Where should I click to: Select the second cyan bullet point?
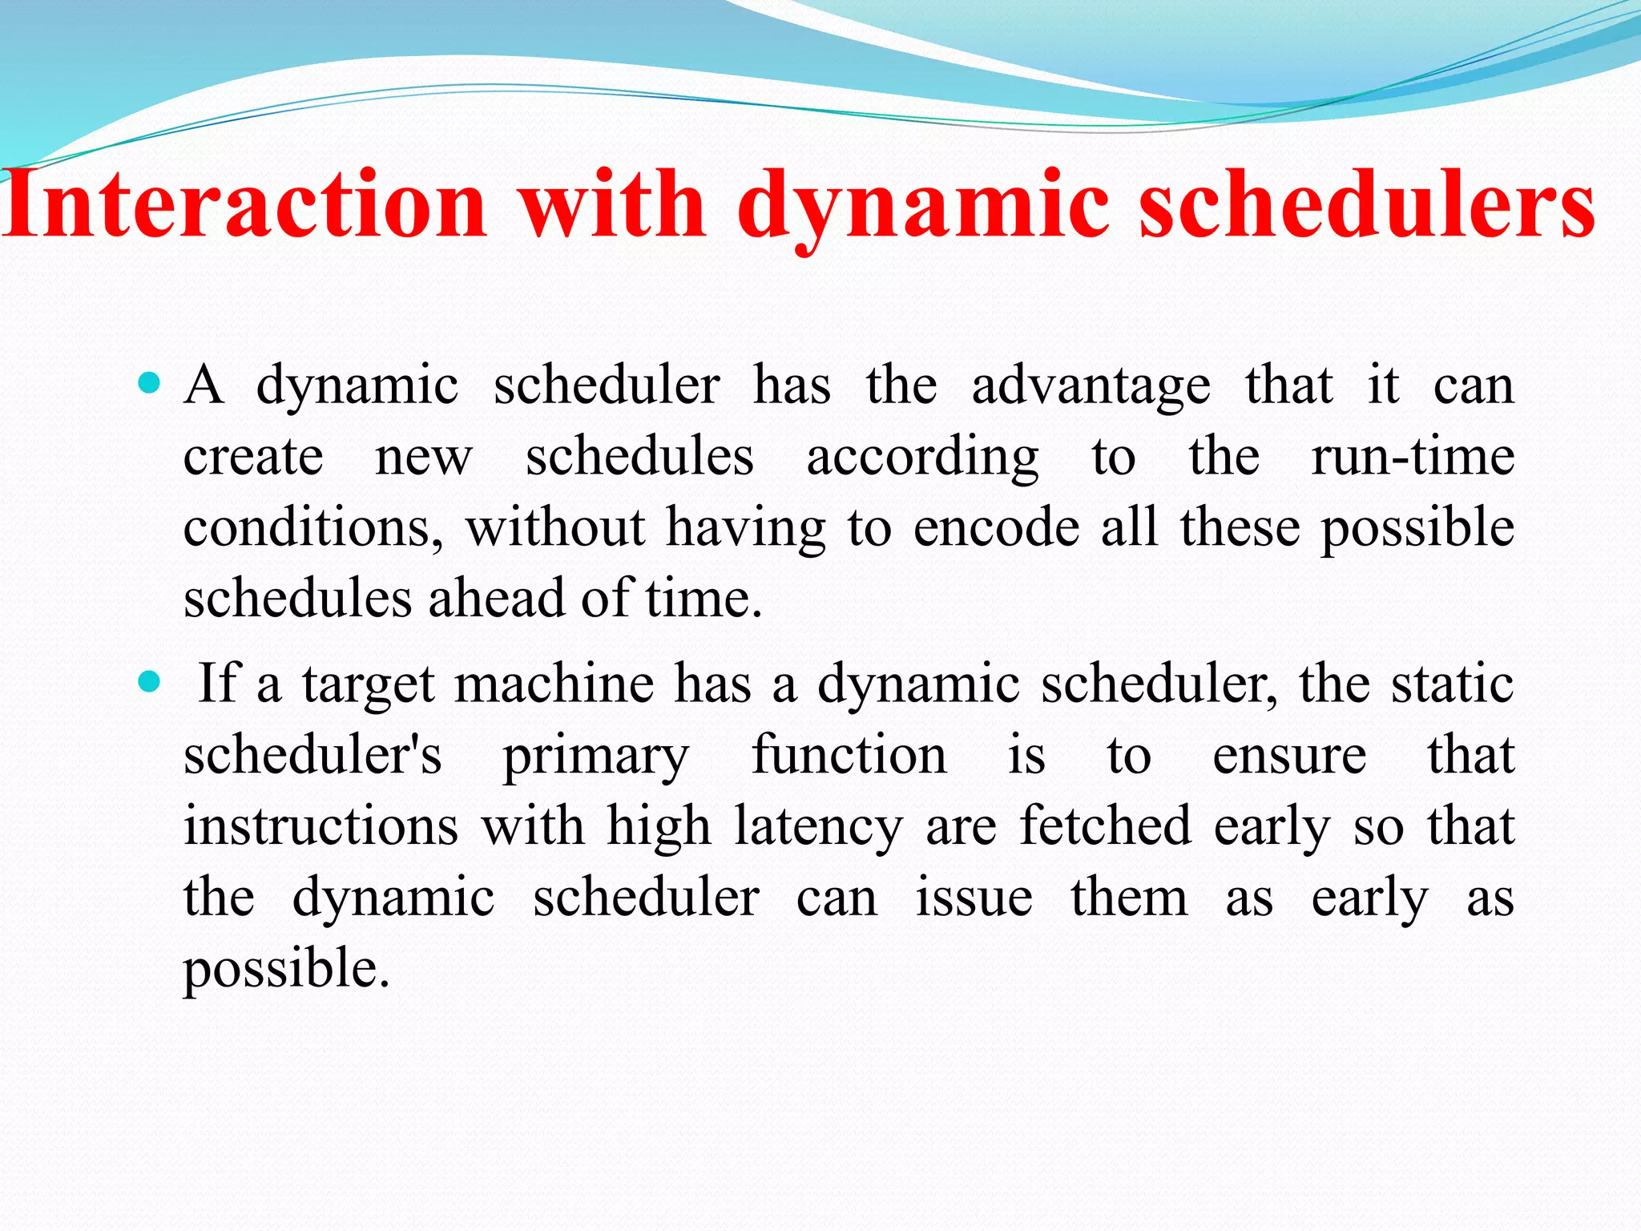coord(149,683)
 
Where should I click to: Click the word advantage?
coord(1091,386)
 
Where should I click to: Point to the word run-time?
coord(1413,457)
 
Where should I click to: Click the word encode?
coord(997,528)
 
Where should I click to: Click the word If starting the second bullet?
coord(218,683)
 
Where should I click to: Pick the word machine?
coord(554,683)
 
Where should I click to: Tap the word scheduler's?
coord(312,755)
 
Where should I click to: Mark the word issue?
coord(974,898)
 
